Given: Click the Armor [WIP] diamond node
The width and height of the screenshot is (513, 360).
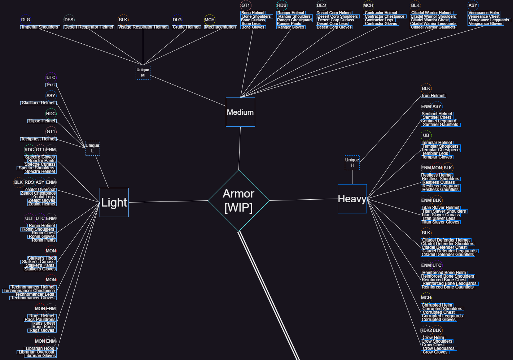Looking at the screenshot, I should click(x=238, y=200).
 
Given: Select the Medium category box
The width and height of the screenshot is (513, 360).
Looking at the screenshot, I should click(x=240, y=112).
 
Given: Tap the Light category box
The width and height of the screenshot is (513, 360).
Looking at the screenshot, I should click(x=114, y=202).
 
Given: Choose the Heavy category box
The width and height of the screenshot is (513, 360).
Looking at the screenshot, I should click(x=352, y=199).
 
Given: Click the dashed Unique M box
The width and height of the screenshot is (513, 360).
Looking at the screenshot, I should click(x=143, y=72).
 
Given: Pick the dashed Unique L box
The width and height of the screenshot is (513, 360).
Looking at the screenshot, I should click(x=92, y=148).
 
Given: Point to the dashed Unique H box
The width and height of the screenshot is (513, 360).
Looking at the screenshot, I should click(x=352, y=162).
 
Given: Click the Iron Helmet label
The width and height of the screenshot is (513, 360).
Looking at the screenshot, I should click(x=433, y=96).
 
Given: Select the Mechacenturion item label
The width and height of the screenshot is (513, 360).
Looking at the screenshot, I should click(x=220, y=27).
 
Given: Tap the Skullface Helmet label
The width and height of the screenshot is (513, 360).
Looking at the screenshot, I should click(x=38, y=103).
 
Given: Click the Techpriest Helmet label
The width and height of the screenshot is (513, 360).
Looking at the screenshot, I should click(x=38, y=139).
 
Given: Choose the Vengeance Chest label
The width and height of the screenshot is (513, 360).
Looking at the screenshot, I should click(x=484, y=16).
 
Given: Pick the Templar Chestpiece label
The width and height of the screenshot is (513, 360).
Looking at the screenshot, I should click(x=440, y=150).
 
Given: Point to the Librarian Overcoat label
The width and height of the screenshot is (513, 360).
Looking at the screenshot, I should click(x=36, y=352).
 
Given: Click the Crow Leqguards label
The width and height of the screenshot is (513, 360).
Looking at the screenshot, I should click(x=439, y=348).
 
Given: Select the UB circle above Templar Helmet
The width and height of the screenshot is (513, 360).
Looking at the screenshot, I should click(x=426, y=135).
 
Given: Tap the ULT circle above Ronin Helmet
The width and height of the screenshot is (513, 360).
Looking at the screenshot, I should click(x=29, y=218).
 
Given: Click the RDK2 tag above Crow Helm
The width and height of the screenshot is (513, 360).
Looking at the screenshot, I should click(x=426, y=330).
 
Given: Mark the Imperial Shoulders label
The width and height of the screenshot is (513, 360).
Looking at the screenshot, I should click(x=40, y=27).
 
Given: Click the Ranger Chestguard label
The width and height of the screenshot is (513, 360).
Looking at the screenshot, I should click(x=294, y=20).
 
